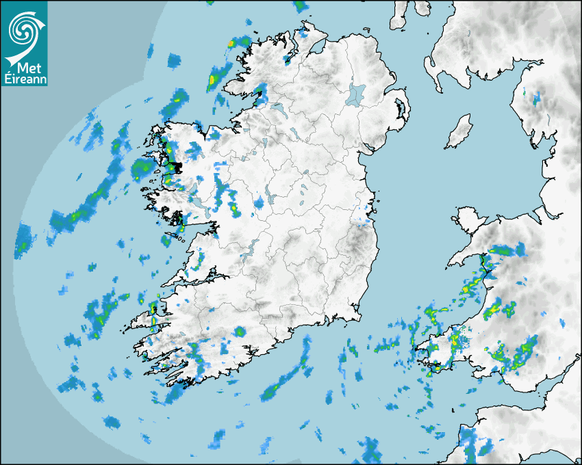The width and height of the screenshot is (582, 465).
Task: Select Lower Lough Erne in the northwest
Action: coord(279,109)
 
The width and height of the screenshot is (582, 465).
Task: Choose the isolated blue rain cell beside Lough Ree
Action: coord(260,203)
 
